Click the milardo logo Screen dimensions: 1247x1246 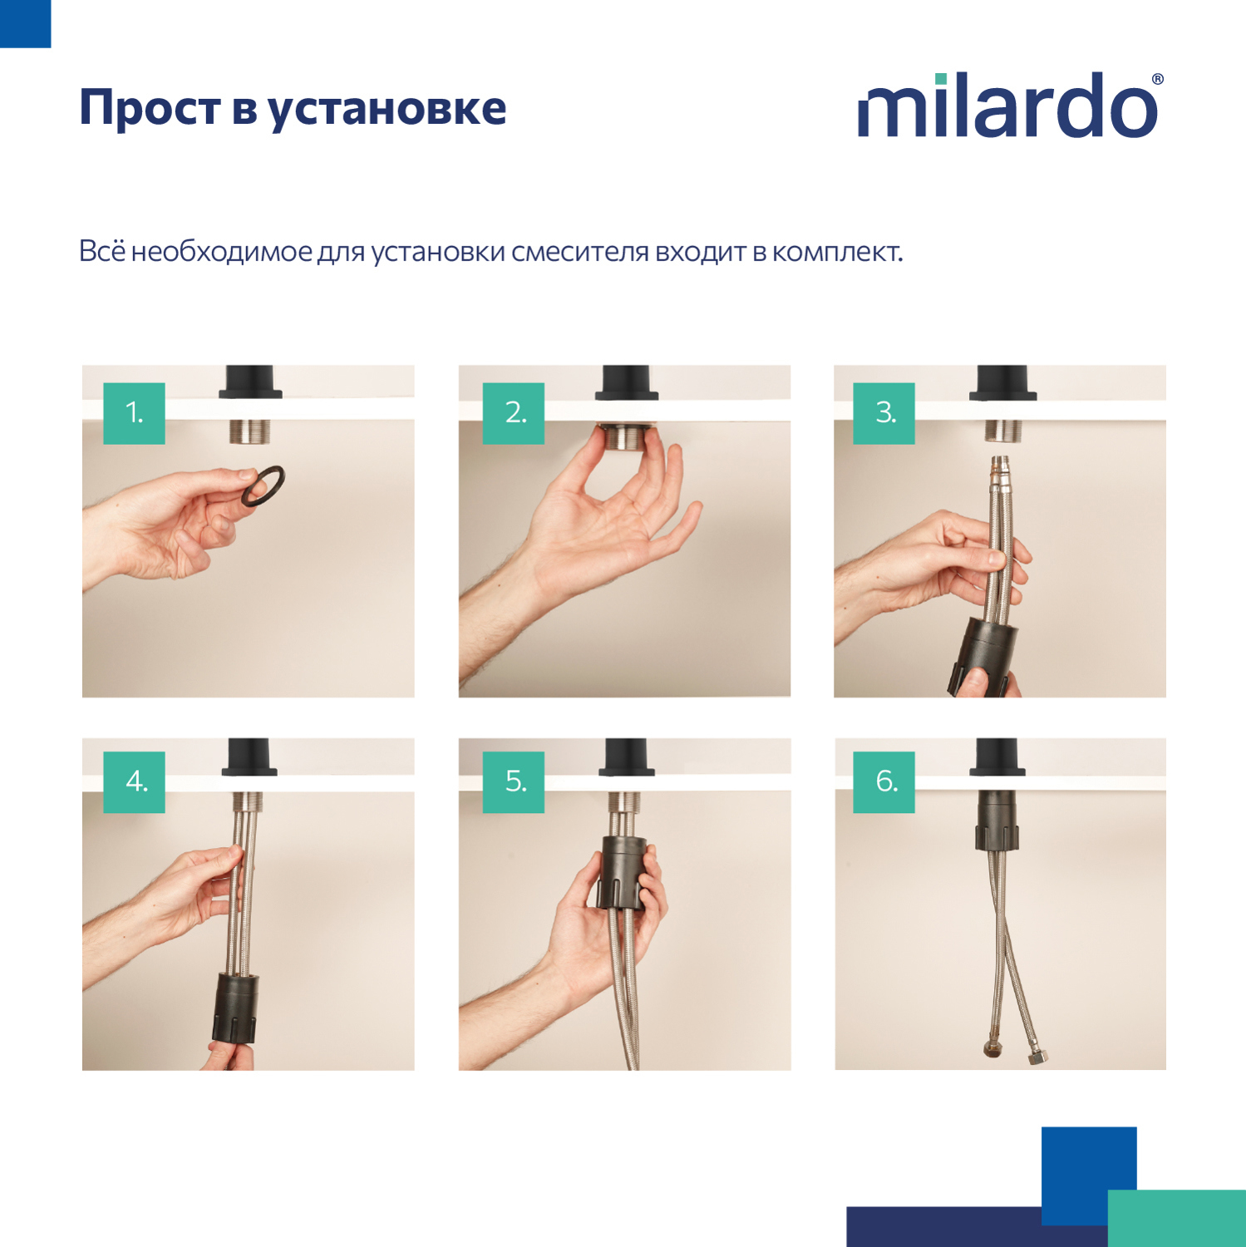(1008, 106)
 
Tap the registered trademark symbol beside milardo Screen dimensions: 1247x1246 (1157, 80)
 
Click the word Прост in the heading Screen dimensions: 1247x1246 (150, 109)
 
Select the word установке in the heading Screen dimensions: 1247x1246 (387, 109)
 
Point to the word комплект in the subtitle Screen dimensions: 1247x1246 (836, 251)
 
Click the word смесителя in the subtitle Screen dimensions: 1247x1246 (579, 251)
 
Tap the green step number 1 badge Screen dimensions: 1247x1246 (134, 413)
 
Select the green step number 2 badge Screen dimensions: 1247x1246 (514, 413)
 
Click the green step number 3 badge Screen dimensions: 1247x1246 (884, 413)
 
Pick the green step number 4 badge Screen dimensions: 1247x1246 (134, 782)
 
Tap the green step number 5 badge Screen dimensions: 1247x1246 (514, 782)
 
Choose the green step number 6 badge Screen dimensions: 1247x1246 (884, 782)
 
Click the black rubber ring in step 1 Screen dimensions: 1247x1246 (263, 485)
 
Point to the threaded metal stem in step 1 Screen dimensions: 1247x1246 (250, 431)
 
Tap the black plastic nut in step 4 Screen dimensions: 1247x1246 (235, 1007)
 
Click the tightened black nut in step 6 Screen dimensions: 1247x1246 (997, 820)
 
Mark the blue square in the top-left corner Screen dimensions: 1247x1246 (25, 23)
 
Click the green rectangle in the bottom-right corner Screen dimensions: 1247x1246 (1176, 1218)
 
